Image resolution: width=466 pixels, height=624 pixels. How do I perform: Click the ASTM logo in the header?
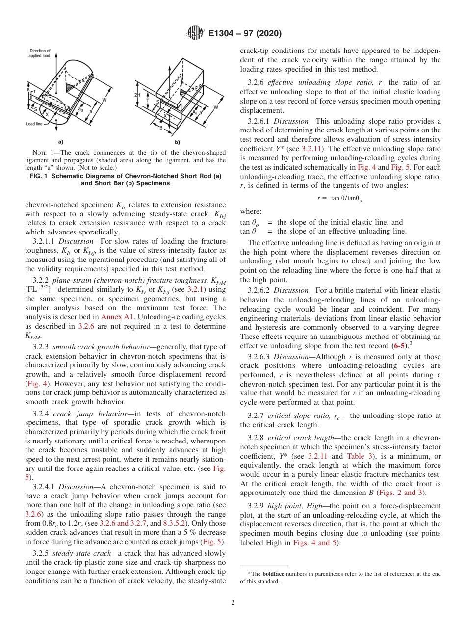(x=195, y=34)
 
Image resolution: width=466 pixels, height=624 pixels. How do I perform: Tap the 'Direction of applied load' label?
(x=40, y=53)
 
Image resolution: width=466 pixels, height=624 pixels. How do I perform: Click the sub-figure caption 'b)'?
(x=177, y=142)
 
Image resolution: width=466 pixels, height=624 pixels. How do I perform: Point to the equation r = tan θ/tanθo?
(x=340, y=198)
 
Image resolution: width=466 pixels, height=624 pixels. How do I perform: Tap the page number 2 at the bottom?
(x=233, y=603)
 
